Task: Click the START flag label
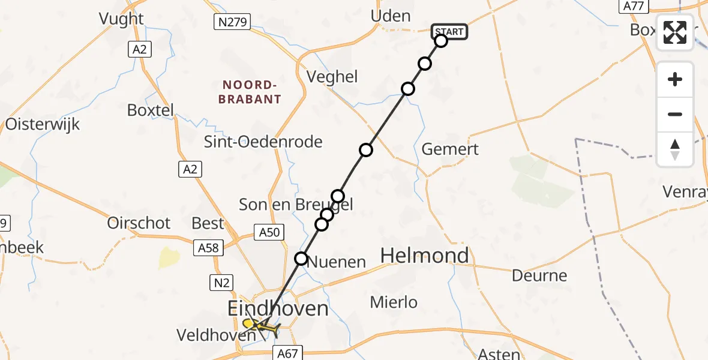point(449,32)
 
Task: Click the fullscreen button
point(675,32)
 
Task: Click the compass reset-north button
point(675,149)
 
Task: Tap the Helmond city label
point(425,256)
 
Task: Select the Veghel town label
point(332,77)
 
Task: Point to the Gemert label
point(450,149)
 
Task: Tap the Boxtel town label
point(151,110)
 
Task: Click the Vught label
point(122,19)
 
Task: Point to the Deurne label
point(539,276)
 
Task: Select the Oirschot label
point(139,223)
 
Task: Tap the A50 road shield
point(268,232)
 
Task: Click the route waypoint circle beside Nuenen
point(301,259)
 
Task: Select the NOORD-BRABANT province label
point(250,92)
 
